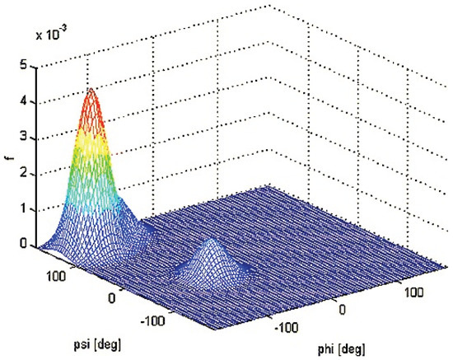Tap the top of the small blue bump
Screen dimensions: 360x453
tap(211, 245)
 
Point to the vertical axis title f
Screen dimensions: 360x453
tap(9, 162)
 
